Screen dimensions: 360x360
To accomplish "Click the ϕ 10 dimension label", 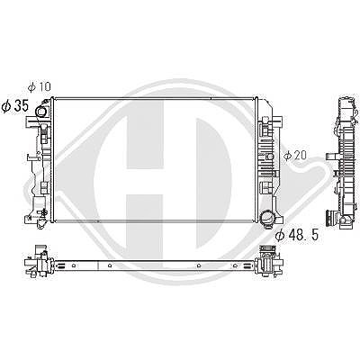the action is [x=40, y=87].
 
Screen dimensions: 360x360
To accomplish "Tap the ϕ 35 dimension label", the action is [x=15, y=106].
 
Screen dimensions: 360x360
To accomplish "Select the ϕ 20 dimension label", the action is [x=295, y=155].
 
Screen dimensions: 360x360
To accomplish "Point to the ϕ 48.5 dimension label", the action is [x=297, y=236].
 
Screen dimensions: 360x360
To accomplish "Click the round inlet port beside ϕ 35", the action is [x=40, y=112].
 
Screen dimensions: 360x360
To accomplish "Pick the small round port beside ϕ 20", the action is [x=270, y=157].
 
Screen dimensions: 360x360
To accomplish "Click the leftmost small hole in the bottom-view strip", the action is [x=74, y=265].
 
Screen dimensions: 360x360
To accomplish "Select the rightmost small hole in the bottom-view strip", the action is [x=235, y=265].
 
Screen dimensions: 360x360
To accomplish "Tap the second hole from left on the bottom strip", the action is [x=110, y=265].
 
